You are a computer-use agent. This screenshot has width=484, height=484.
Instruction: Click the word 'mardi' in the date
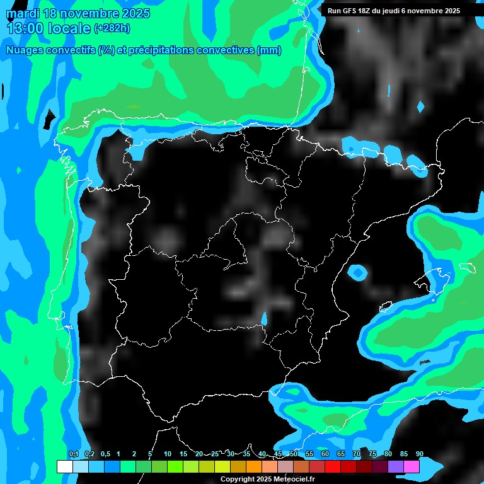point(23,13)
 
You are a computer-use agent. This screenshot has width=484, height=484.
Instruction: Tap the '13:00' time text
point(25,28)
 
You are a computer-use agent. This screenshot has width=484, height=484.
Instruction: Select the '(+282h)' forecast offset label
point(112,28)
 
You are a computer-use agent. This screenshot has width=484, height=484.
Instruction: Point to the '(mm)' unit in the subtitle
point(269,50)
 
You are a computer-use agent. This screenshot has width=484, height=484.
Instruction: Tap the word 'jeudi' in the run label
point(400,11)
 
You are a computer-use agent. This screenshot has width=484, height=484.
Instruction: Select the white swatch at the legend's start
point(64,467)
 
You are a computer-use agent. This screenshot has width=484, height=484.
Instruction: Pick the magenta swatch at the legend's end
point(412,467)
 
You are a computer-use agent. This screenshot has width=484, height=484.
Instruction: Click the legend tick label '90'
point(419,454)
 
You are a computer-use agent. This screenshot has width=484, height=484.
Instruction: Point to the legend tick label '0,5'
point(105,454)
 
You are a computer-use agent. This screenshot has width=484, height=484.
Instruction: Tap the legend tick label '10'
point(167,454)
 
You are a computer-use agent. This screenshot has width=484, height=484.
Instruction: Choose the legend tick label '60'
point(325,454)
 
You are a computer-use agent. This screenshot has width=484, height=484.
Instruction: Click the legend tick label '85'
point(403,454)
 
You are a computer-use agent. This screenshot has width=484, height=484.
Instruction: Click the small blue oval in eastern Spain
point(358,273)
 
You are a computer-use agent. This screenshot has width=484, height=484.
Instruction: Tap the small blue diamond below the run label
point(421,107)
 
